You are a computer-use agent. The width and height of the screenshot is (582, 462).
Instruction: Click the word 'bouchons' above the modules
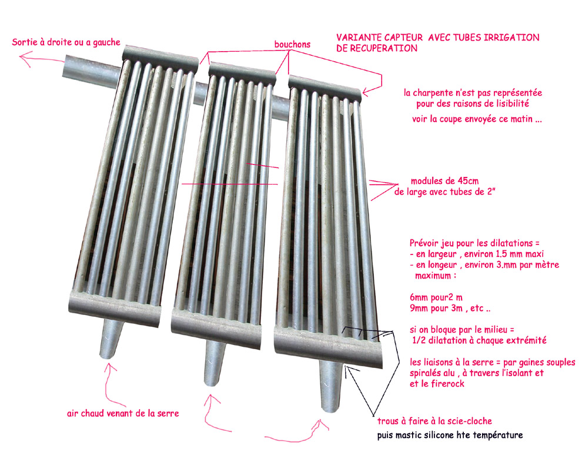tap(292, 44)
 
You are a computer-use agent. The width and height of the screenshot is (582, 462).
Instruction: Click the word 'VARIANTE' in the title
tap(359, 38)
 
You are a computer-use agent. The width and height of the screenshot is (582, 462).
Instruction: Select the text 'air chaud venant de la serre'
tap(123, 413)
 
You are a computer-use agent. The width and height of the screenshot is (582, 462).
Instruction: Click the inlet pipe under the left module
tap(111, 339)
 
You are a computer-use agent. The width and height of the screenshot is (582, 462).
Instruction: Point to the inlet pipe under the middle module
tap(214, 363)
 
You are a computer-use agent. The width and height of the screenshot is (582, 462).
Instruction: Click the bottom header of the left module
tap(115, 307)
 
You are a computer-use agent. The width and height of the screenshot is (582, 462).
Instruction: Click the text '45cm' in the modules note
tap(468, 181)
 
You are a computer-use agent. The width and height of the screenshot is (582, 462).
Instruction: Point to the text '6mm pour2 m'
tap(436, 297)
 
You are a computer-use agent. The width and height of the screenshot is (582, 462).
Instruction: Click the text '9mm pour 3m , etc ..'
tap(450, 308)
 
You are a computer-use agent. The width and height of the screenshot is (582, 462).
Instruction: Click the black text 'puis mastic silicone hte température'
tap(450, 435)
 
